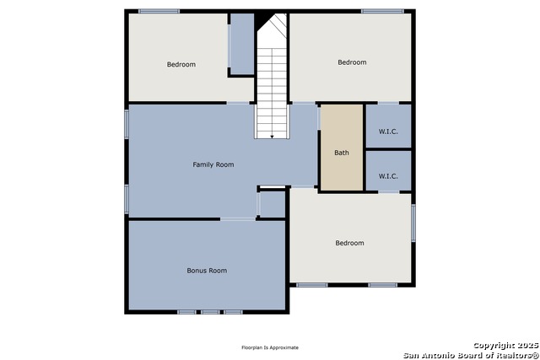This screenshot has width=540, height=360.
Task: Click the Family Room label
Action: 213,164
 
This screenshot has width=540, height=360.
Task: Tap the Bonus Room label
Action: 207,271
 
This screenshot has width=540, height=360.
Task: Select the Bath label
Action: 342,153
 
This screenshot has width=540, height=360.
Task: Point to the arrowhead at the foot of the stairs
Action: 272,137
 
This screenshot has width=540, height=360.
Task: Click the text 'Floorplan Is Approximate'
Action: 270,347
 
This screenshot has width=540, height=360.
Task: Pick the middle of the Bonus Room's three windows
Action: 210,312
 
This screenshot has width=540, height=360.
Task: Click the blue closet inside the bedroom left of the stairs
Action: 242,44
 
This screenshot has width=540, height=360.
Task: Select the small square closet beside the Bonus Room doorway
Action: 273,204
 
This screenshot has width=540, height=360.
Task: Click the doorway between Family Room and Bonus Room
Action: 238,219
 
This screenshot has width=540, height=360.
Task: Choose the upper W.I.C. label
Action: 388,132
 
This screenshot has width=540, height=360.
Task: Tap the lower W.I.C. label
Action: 388,176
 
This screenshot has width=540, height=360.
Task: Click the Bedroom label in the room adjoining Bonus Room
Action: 349,243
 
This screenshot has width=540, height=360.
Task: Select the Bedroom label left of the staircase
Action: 181,64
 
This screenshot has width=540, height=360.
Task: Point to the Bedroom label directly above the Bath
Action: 352,62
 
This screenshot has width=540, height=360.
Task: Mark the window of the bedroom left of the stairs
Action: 159,11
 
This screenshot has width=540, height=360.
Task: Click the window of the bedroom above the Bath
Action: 382,11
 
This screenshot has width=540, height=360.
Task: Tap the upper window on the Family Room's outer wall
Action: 127,124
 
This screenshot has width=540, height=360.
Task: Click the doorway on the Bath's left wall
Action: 319,118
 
